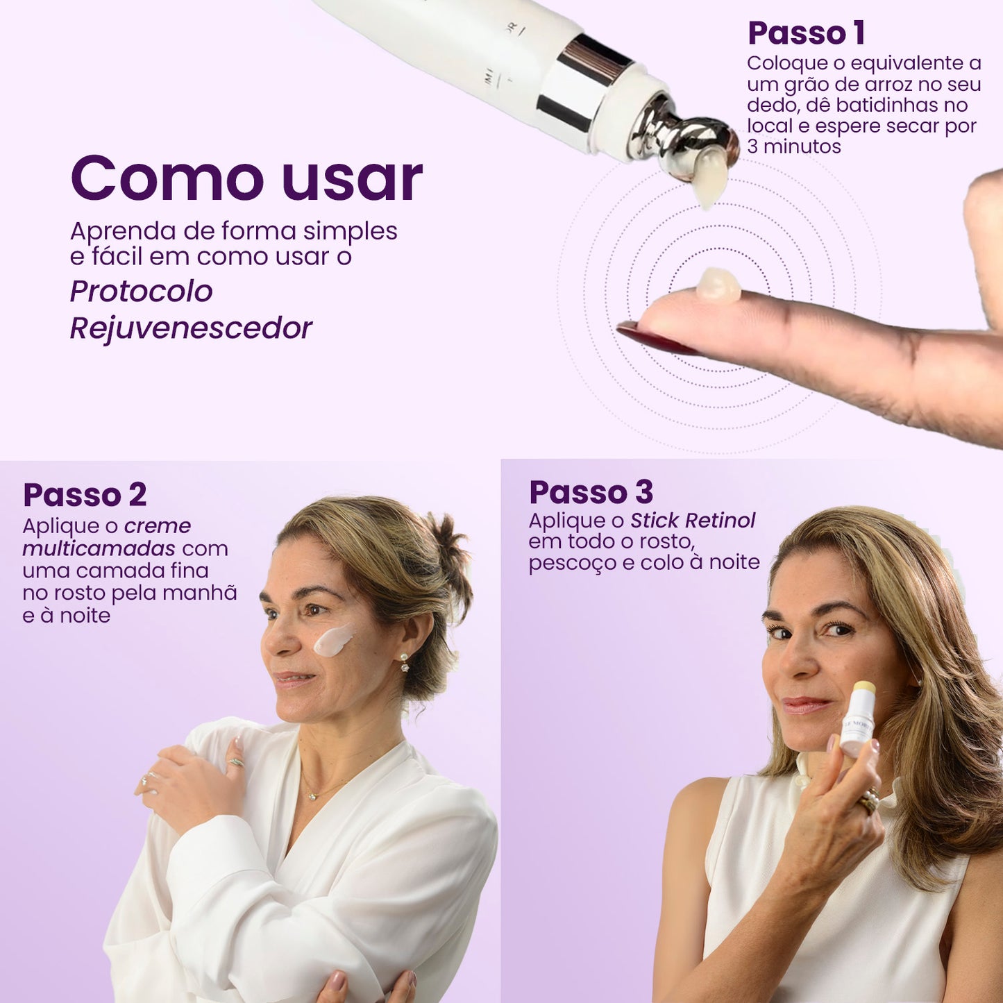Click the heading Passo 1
[807, 33]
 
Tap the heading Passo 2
[85, 494]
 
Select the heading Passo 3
[591, 492]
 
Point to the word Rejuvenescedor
[191, 328]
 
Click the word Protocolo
[141, 292]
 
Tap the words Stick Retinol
[693, 520]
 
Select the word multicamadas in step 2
[99, 548]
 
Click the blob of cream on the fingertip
[719, 286]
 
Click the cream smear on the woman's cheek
[334, 640]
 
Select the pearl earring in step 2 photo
[404, 661]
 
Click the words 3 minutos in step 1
[794, 146]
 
